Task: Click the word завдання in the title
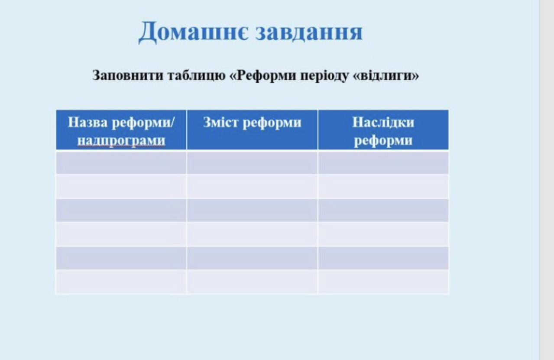[309, 32]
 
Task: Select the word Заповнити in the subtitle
[128, 75]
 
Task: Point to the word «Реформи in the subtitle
[262, 75]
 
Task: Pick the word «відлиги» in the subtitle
[386, 75]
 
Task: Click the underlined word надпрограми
[121, 141]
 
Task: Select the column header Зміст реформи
[252, 122]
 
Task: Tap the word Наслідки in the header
[383, 122]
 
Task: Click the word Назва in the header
[88, 122]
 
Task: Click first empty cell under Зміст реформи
[252, 163]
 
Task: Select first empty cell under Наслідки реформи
[383, 163]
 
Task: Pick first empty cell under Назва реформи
[121, 163]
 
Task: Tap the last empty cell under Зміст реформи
[252, 282]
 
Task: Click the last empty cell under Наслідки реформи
[383, 282]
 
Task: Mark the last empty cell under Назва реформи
[121, 282]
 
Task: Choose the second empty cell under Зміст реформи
[252, 186]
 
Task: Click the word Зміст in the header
[220, 122]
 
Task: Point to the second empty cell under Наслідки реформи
[383, 186]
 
